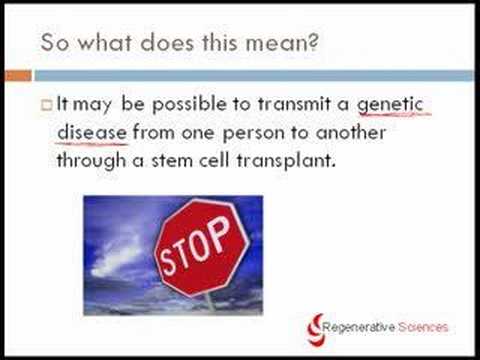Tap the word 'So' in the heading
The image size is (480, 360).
coord(55,42)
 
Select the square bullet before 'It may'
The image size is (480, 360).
coord(47,105)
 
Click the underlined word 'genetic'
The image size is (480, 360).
coord(390,104)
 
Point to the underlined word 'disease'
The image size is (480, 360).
coord(92,132)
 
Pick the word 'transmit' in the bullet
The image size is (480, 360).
coord(294,104)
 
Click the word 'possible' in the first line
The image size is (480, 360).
coord(189,105)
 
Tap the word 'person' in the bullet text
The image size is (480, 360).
coord(253,133)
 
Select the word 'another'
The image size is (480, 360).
coord(351,132)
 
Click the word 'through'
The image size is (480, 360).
coord(92,161)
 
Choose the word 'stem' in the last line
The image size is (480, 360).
coord(172,161)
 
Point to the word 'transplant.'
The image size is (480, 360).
coord(286,161)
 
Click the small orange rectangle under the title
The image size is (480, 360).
coord(19,76)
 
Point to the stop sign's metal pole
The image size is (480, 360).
coord(210,303)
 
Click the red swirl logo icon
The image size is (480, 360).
coord(315,329)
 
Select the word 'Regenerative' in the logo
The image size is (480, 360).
coord(359,327)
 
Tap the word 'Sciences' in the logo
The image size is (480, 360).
coord(423,327)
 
